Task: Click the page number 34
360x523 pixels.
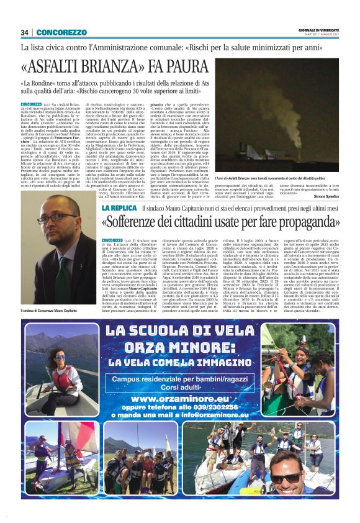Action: pos(25,32)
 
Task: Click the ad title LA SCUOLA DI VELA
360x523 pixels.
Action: pos(180,332)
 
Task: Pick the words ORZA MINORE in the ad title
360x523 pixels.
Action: pos(180,347)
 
